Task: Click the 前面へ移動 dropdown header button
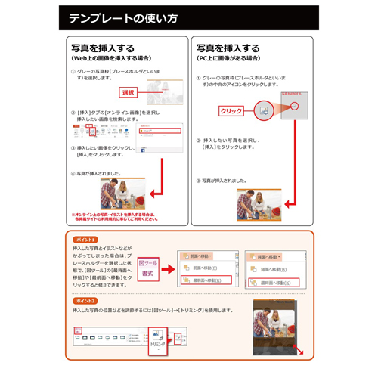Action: (x=199, y=256)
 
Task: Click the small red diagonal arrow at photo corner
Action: (x=302, y=350)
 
